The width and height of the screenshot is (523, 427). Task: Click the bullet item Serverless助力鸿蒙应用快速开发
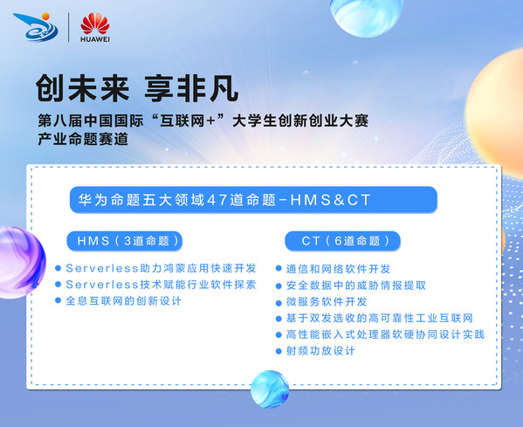click(x=155, y=268)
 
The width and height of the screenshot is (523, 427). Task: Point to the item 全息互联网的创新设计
click(x=128, y=300)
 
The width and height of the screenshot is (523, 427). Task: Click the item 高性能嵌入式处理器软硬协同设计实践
click(x=385, y=334)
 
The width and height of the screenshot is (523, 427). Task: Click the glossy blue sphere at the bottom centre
click(x=270, y=389)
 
